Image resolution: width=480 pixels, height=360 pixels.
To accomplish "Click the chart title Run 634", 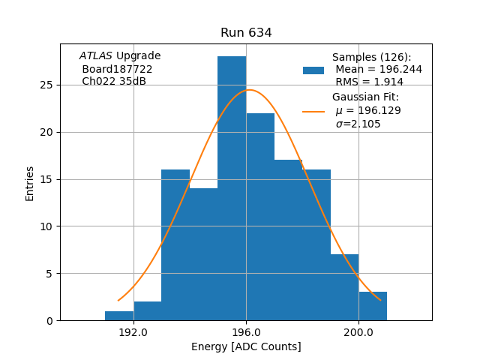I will [x=246, y=33].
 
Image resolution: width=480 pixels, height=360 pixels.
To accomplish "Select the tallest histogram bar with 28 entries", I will [x=232, y=188].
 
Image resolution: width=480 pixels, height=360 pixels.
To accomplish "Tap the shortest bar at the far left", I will [x=119, y=316].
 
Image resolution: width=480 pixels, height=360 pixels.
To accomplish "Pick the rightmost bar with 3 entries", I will [x=373, y=306].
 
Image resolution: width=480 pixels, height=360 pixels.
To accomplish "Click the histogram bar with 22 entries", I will [x=260, y=217].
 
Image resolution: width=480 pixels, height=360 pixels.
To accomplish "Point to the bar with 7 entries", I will [x=344, y=287].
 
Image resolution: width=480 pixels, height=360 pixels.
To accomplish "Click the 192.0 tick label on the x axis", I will [x=133, y=332].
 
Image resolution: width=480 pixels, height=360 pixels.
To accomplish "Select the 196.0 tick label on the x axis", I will [x=246, y=332].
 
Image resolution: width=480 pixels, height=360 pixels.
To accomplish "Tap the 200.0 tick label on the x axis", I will [x=358, y=332].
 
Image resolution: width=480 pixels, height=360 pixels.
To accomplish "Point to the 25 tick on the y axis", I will [x=46, y=85].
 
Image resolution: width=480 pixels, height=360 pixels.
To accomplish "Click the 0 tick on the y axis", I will [x=49, y=320].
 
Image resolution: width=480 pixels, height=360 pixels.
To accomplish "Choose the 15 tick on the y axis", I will [x=46, y=179].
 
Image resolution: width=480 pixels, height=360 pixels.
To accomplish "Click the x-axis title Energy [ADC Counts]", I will [x=246, y=346].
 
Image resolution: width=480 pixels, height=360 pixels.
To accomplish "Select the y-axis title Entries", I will [x=30, y=183].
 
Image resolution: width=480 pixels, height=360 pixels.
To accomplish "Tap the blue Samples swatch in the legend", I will [x=313, y=70].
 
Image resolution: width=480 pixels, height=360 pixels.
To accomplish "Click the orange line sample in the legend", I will [x=313, y=111].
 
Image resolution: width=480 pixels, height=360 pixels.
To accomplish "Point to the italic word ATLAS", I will [x=95, y=56].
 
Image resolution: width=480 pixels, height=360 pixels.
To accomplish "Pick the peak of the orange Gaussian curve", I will [x=249, y=90].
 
